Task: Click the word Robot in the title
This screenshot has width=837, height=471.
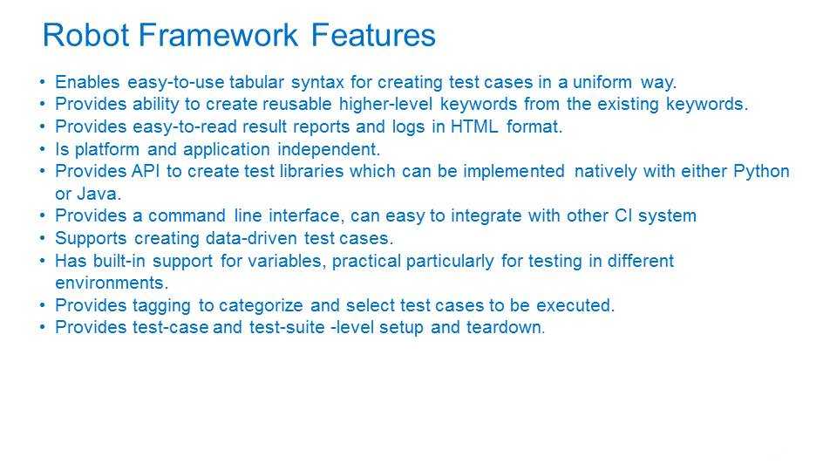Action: point(86,35)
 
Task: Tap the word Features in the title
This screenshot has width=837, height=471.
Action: point(373,35)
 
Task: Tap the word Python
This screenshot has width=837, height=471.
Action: point(761,172)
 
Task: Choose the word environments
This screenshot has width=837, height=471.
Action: point(110,283)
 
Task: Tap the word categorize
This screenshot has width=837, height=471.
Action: point(261,305)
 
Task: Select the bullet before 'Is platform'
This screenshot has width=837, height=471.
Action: point(43,149)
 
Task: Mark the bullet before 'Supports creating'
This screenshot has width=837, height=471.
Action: point(43,238)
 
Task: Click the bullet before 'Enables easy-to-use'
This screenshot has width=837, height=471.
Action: point(43,82)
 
